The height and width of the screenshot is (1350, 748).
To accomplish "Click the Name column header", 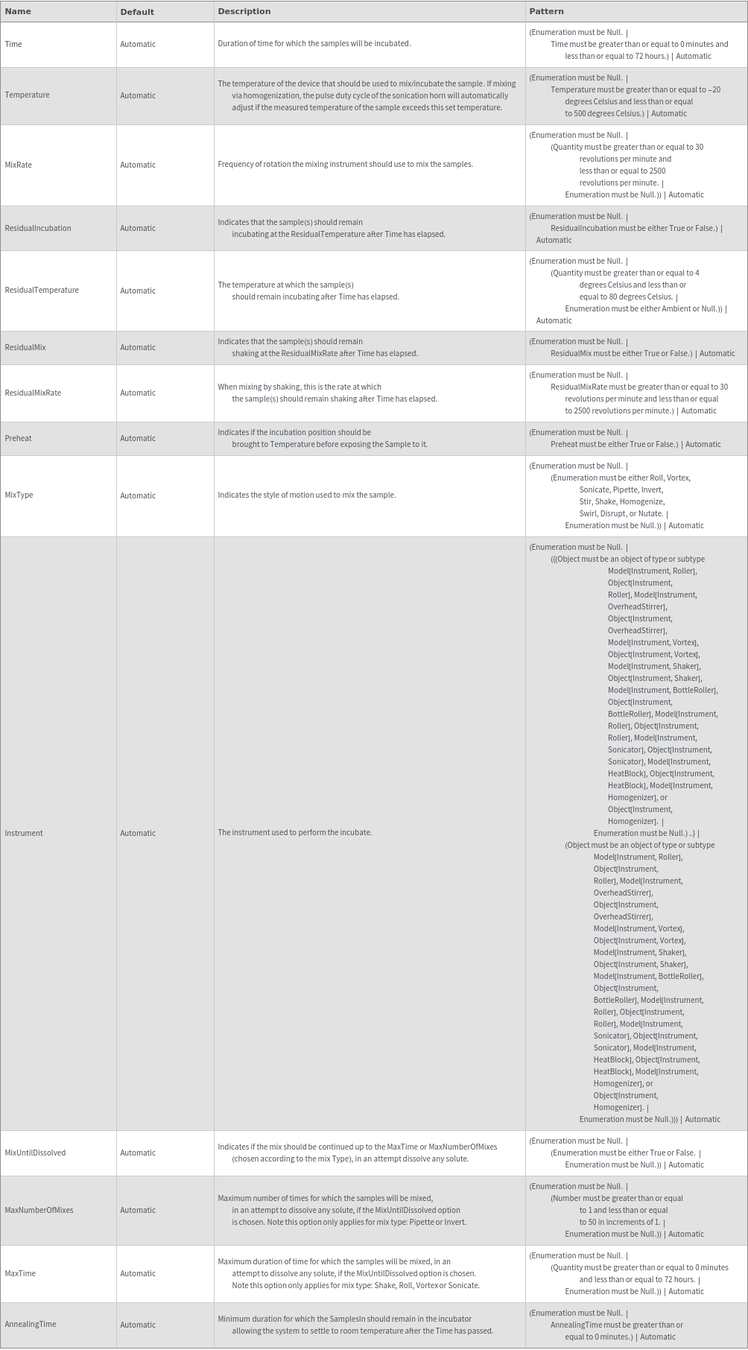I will (18, 11).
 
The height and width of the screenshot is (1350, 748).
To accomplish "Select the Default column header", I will (137, 12).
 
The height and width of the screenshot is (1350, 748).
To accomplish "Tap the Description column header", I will (244, 11).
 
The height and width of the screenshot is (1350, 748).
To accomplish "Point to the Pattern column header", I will (546, 11).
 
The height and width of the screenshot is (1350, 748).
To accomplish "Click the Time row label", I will (13, 44).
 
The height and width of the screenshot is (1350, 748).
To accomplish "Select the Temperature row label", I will (27, 95).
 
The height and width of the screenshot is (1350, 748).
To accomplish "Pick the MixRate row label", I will (19, 165).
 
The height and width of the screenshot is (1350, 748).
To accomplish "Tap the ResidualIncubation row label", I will (38, 228).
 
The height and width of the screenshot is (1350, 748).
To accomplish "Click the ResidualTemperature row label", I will (42, 291).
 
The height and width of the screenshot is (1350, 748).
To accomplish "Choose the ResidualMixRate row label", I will (33, 393).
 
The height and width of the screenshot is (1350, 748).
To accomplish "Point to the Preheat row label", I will (19, 438).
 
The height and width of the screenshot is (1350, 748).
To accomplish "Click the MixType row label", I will (19, 495).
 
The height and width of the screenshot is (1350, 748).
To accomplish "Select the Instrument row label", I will (24, 833).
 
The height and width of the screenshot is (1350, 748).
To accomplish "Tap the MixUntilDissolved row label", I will (35, 1153).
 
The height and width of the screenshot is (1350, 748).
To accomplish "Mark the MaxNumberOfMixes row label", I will (39, 1210).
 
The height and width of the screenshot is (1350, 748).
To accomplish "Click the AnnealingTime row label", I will (31, 1324).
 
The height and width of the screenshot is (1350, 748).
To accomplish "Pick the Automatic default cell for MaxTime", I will (138, 1273).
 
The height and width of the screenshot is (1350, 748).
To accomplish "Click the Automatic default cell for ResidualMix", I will (138, 347).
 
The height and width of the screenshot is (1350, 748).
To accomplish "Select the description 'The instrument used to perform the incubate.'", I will (294, 832).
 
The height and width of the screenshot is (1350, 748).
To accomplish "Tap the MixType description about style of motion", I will (307, 495).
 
